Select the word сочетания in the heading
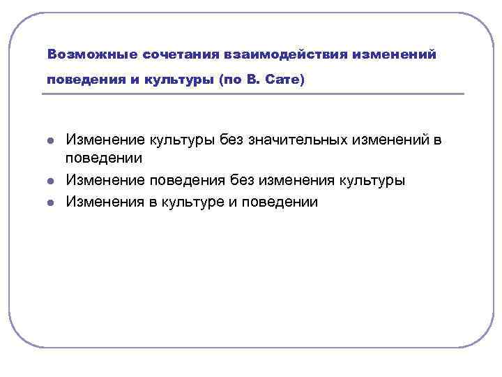click(175, 54)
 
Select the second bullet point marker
click(51, 181)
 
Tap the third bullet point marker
click(51, 202)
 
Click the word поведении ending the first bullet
click(104, 161)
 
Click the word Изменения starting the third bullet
click(104, 202)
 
